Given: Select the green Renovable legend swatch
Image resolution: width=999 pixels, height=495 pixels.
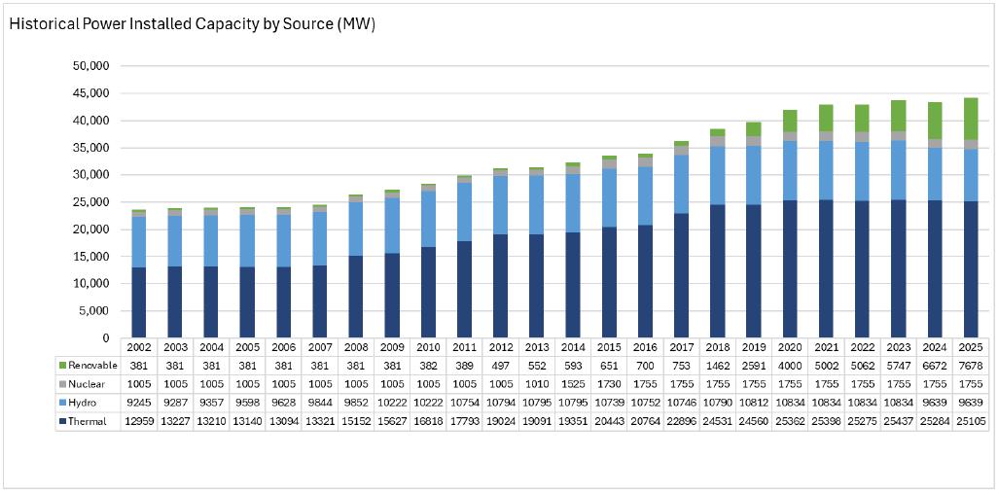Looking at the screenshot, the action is click(62, 365).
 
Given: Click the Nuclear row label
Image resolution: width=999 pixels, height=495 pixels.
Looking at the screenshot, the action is click(86, 385).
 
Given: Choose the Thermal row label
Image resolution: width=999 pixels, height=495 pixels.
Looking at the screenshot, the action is click(88, 423).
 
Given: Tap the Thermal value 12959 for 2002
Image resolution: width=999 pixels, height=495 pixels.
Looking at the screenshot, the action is click(138, 423).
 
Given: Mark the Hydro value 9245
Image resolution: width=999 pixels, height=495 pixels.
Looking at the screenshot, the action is click(138, 404).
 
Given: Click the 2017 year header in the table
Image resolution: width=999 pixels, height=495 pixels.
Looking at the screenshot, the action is click(681, 347).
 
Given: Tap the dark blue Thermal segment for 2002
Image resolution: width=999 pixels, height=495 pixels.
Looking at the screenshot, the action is click(138, 302).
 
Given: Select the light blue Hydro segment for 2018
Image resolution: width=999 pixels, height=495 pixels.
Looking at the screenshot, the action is click(718, 175).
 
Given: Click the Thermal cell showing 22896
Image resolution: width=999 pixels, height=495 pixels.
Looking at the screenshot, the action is click(681, 423).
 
